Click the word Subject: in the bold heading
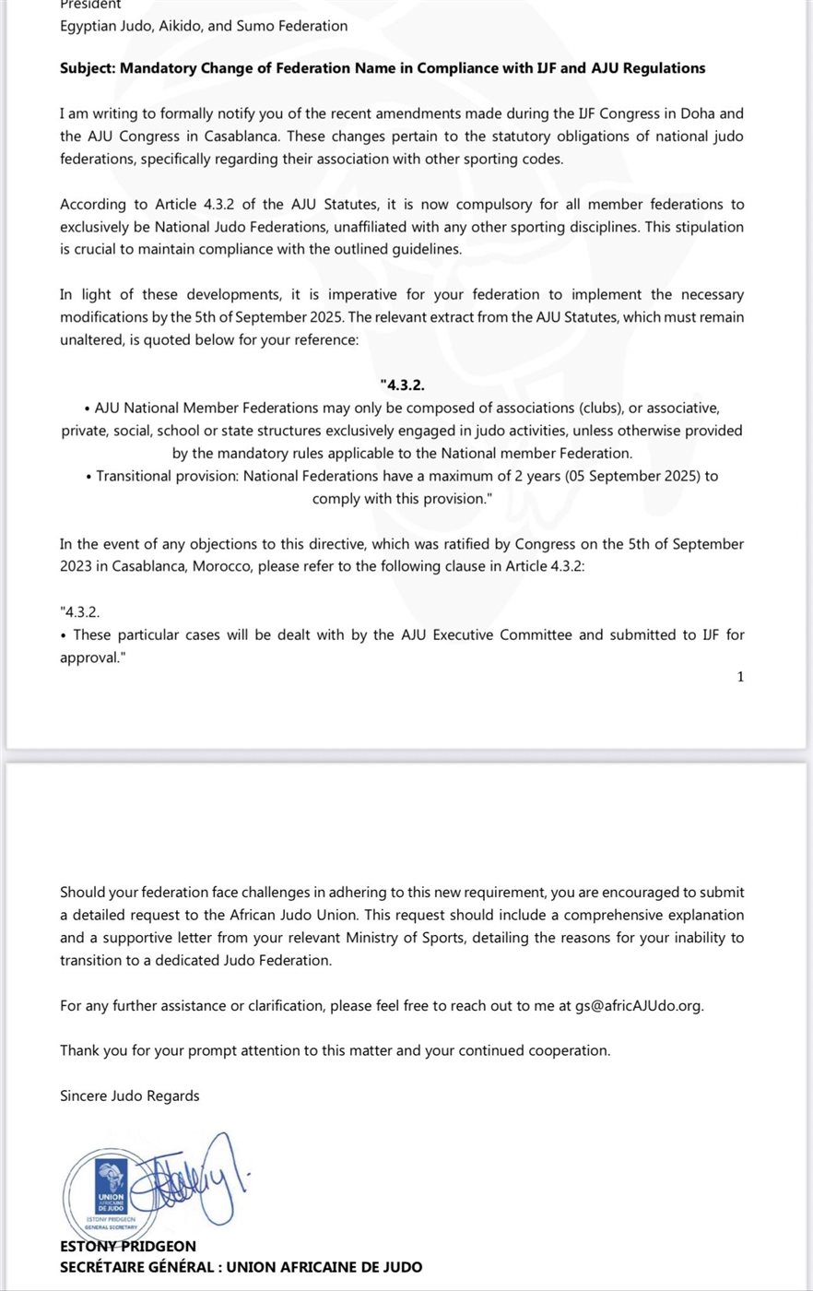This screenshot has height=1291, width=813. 88,68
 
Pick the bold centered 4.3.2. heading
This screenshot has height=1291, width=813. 402,385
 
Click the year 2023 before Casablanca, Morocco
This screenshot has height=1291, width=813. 77,566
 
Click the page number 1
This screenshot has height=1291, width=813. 740,677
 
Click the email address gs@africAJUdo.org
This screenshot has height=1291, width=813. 639,1005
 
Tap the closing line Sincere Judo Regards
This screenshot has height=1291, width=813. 129,1096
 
